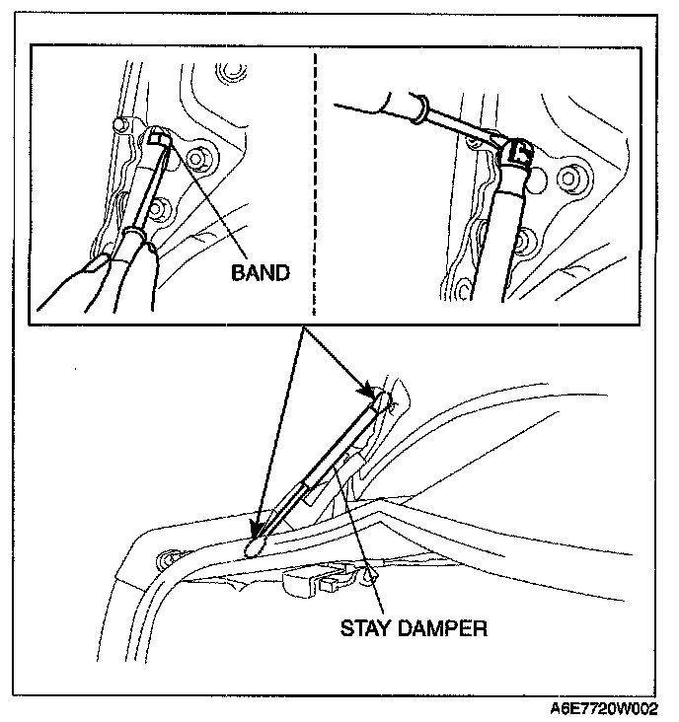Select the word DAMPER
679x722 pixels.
443,627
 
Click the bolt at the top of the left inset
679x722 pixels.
233,72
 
